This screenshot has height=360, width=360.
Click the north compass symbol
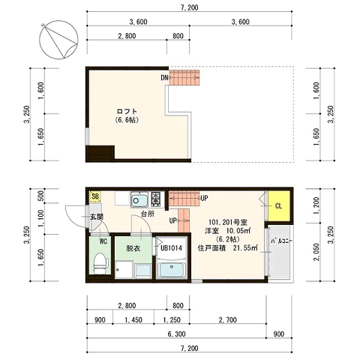(x=58, y=40)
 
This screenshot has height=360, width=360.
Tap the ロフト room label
(x=127, y=111)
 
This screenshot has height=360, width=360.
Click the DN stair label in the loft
(x=164, y=78)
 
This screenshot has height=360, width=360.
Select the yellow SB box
(x=95, y=196)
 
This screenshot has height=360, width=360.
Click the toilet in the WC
(x=100, y=263)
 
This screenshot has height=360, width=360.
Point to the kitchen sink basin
(x=139, y=199)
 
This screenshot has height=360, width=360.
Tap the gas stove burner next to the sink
(x=157, y=199)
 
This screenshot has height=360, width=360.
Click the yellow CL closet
(x=279, y=206)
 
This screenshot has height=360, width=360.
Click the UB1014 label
(x=171, y=248)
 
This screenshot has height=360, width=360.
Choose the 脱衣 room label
(x=133, y=248)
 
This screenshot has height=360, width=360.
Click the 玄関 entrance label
(x=97, y=217)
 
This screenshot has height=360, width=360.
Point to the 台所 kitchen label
(x=148, y=214)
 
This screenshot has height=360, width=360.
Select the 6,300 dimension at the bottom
(x=176, y=334)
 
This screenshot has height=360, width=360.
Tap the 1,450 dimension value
(x=133, y=319)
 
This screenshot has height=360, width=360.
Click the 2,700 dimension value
(x=227, y=319)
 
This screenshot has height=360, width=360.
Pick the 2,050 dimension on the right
(x=316, y=252)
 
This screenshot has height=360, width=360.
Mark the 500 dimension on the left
(x=41, y=196)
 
